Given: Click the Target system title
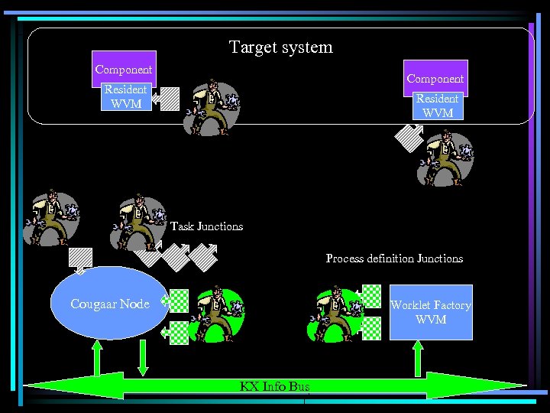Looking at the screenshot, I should pos(280,47).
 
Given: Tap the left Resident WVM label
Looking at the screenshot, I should pos(126,97).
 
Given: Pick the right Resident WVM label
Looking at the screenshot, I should pos(437,106).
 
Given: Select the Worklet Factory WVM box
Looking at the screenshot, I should pos(431,312).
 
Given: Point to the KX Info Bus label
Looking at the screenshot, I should pos(274,386).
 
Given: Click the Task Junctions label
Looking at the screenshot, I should pos(206,226).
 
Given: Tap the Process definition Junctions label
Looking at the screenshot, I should pos(394,259).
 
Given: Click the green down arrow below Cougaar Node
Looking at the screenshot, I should pos(143,357).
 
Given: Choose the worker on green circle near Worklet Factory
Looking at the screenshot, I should pos(333,314).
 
